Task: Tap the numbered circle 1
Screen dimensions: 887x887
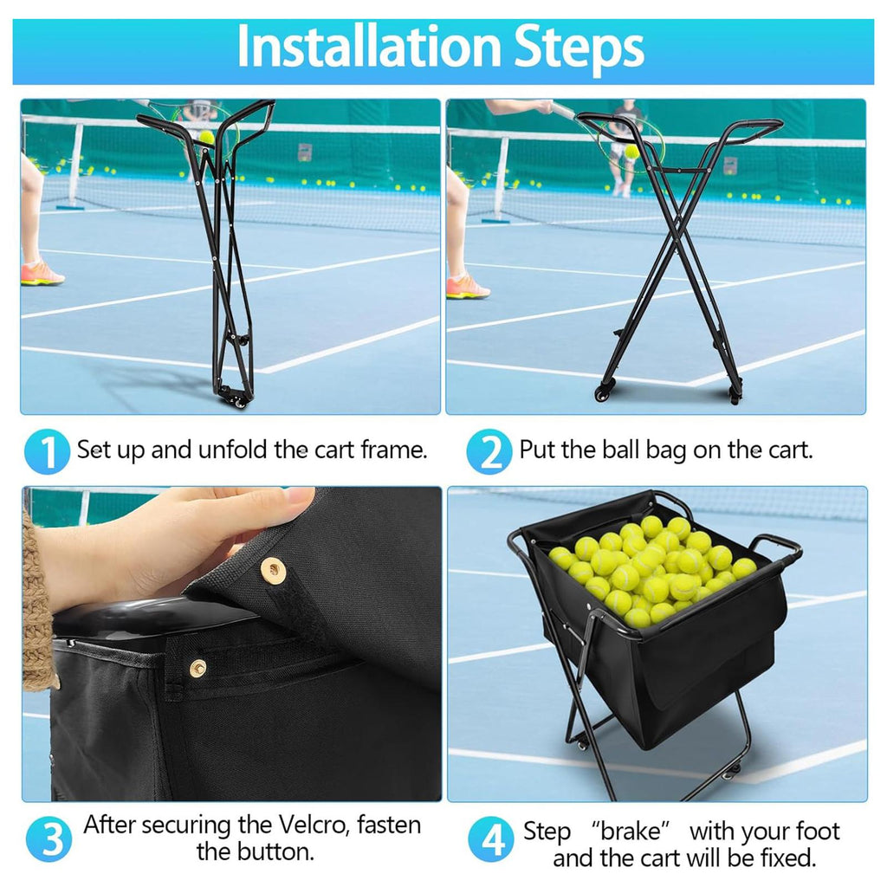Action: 47,451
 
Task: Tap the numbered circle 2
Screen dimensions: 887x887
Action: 489,451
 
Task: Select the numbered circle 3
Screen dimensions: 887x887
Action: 49,838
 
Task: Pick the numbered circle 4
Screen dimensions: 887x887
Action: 491,839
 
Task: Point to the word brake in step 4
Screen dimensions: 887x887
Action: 631,832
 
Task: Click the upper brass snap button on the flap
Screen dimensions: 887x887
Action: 273,568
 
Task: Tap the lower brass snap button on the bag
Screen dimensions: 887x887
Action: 197,668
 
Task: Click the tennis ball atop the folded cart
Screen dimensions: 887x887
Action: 207,137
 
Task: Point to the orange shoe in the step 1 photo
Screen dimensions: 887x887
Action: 42,273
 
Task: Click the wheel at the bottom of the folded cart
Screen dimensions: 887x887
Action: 240,402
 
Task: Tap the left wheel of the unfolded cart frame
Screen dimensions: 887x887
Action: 602,394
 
